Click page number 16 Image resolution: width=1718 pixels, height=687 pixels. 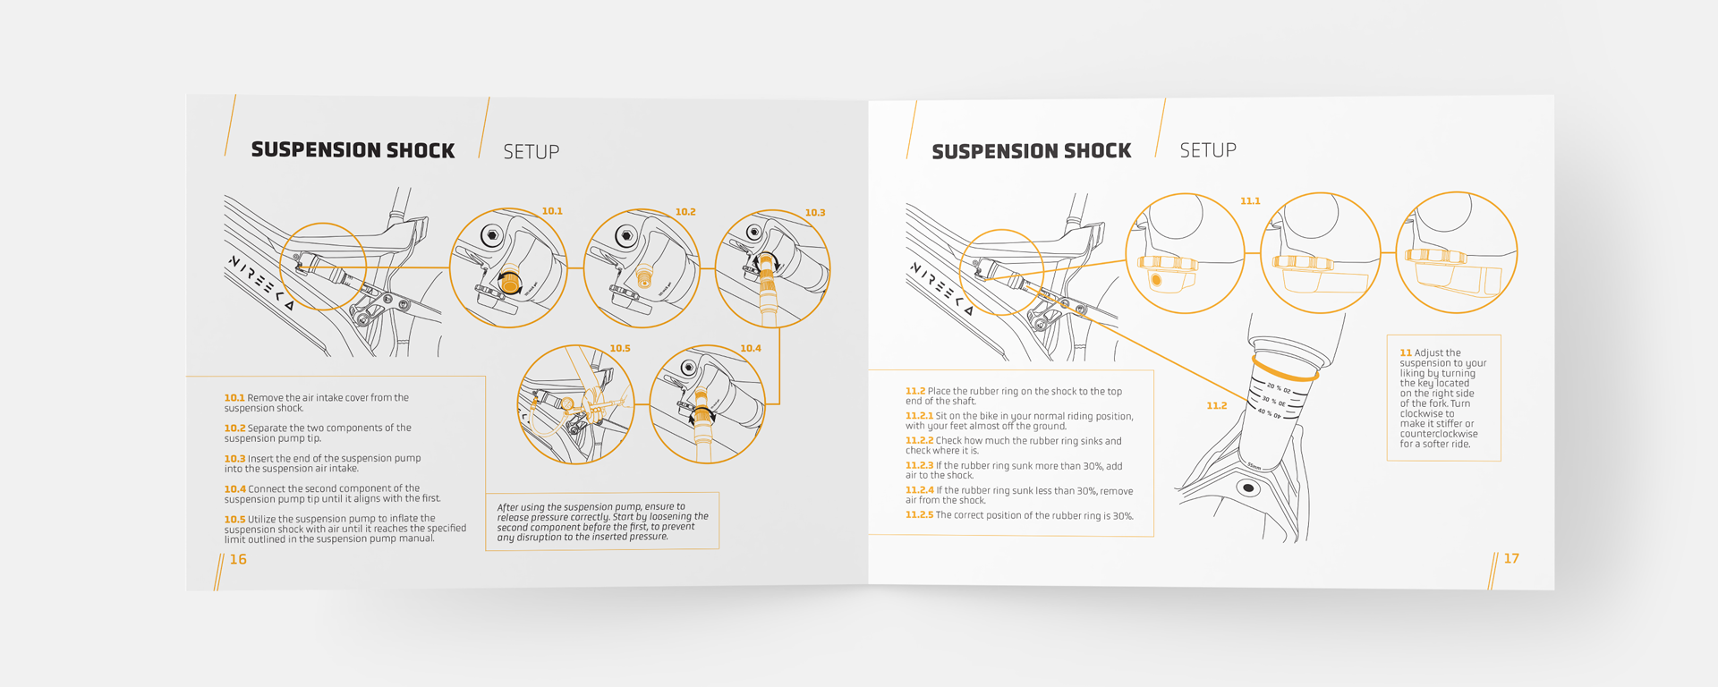coord(238,559)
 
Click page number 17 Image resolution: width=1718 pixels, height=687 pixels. coord(1511,558)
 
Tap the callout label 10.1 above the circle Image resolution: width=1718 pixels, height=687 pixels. coord(552,211)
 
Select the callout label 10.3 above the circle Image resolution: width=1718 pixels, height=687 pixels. coord(814,213)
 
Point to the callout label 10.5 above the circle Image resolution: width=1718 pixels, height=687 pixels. coord(619,348)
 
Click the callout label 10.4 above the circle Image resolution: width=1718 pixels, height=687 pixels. coord(750,348)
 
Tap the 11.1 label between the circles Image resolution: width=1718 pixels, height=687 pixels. coord(1250,201)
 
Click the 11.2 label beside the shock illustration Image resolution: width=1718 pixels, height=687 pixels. coord(1216,406)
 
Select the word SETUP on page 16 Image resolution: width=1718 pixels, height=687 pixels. coord(531,152)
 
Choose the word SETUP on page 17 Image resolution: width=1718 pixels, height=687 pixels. coord(1208,150)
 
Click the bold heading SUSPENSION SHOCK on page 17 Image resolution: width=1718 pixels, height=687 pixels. coord(1031,152)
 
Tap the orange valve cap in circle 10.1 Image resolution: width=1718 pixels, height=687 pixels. coord(510,284)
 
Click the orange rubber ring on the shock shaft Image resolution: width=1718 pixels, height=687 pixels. coord(1285,371)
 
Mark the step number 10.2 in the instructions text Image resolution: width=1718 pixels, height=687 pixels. coord(234,428)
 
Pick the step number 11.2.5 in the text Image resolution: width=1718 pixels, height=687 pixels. coord(919,515)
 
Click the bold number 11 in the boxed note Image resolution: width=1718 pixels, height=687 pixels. coord(1406,353)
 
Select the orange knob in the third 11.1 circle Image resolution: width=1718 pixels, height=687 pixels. coord(1434,256)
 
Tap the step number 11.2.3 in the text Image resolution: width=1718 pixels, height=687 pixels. coord(919,466)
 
